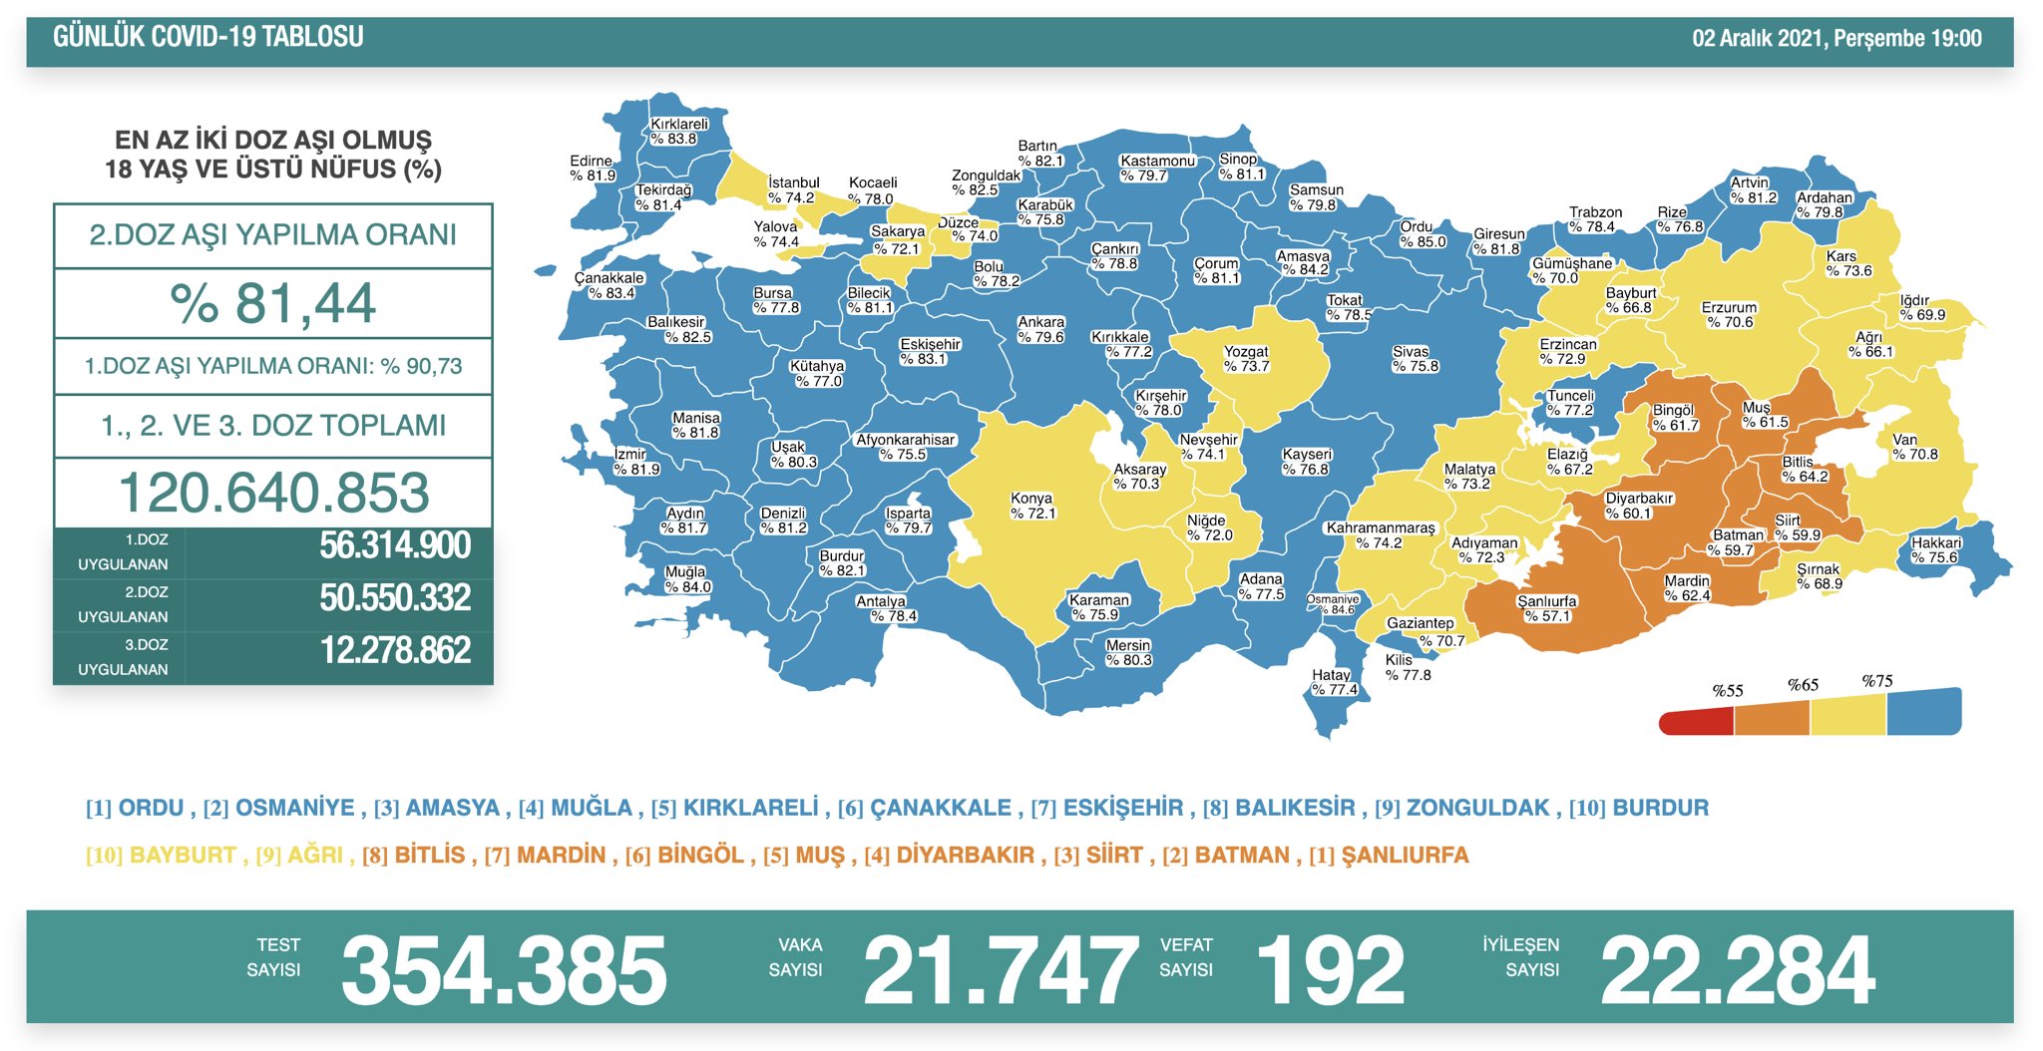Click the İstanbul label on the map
794,189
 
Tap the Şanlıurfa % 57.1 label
1546,608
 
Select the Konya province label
1032,506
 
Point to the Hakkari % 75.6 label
1935,550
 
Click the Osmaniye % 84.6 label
1334,604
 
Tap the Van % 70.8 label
1914,447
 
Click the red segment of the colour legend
1696,721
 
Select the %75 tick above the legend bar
1876,681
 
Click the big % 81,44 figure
272,303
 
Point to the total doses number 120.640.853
273,493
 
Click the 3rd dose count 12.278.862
395,650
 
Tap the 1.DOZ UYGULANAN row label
123,551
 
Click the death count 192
1330,970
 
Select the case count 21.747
1000,970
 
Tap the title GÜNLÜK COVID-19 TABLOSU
207,38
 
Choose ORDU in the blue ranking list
151,808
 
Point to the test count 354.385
504,970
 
